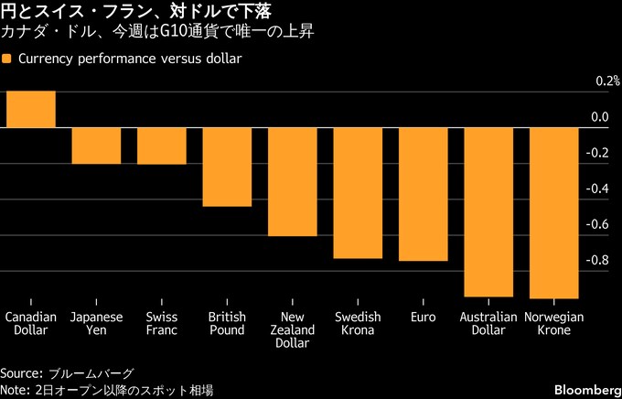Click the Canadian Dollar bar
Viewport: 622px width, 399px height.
tap(30, 109)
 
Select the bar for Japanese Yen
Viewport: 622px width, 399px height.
tap(96, 146)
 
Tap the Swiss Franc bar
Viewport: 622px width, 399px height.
tap(161, 146)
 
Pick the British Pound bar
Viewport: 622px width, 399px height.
tap(227, 167)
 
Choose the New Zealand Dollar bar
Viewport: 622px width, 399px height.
tap(292, 181)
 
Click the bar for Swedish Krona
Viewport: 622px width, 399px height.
tap(358, 192)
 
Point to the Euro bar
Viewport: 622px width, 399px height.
tap(423, 194)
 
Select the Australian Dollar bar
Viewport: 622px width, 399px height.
tap(488, 211)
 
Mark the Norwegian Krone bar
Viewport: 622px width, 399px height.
tap(553, 212)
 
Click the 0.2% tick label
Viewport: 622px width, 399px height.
tap(606, 81)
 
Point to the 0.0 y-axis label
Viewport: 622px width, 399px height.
tap(600, 117)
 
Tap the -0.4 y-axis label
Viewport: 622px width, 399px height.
tap(598, 189)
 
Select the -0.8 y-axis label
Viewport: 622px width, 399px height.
tap(598, 260)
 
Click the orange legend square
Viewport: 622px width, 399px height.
tap(7, 59)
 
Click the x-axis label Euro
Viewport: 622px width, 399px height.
tap(423, 317)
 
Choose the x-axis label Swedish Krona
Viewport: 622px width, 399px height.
tap(358, 323)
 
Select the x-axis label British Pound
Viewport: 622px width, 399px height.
tap(227, 323)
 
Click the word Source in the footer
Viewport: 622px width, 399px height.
tap(18, 373)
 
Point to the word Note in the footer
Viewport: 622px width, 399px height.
tap(14, 390)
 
